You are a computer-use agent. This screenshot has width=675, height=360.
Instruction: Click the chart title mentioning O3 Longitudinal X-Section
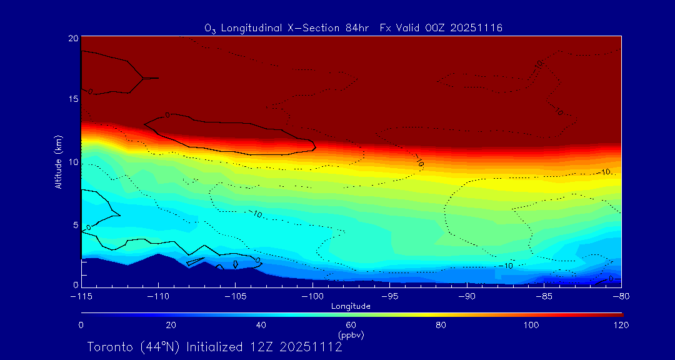pos(354,28)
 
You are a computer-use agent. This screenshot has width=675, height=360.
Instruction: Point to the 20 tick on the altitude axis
pos(73,38)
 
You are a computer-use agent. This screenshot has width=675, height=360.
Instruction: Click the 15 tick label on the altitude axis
pos(73,99)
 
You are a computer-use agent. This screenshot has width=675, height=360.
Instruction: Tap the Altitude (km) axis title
pos(58,162)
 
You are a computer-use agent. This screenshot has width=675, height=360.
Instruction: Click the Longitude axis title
pos(351,306)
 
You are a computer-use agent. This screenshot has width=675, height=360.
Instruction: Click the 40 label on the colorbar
pos(261,325)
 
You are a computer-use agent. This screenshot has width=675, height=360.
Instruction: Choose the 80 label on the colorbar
pos(442,325)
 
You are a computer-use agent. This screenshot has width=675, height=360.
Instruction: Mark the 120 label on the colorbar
pos(621,325)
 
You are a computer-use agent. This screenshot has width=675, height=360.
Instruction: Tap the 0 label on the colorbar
pos(81,325)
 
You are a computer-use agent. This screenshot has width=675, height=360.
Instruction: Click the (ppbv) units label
pos(351,335)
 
